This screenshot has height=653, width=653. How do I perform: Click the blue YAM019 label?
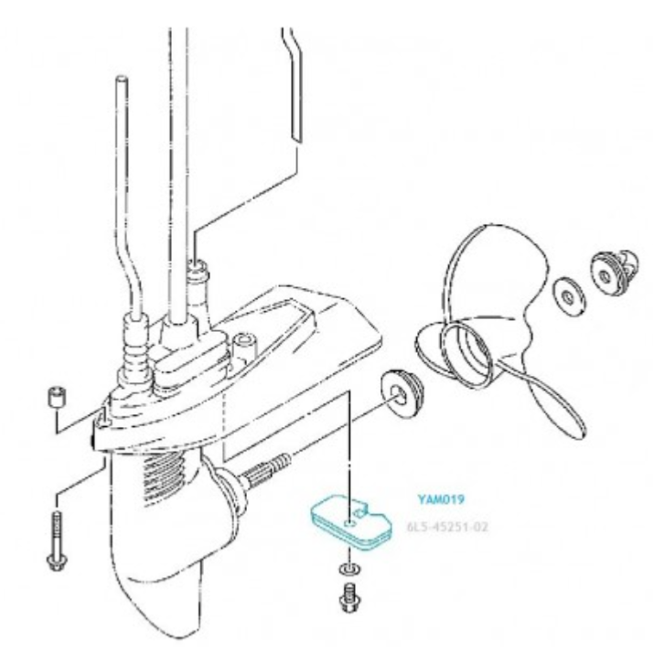pyautogui.click(x=441, y=499)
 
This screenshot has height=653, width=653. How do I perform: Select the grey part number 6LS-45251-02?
pyautogui.click(x=447, y=527)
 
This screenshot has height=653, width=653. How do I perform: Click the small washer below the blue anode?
pyautogui.click(x=350, y=569)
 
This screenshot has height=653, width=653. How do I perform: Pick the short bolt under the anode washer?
pyautogui.click(x=350, y=598)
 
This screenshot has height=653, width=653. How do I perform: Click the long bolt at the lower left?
pyautogui.click(x=56, y=541)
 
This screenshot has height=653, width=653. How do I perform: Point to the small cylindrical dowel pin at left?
pyautogui.click(x=57, y=397)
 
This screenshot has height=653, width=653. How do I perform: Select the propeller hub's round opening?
pyautogui.click(x=467, y=353)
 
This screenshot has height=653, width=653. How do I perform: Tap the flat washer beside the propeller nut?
pyautogui.click(x=569, y=296)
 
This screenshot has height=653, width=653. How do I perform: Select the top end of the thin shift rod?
pyautogui.click(x=122, y=79)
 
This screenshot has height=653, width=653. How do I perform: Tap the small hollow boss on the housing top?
pyautogui.click(x=244, y=345)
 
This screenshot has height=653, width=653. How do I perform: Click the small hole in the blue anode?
pyautogui.click(x=350, y=522)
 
